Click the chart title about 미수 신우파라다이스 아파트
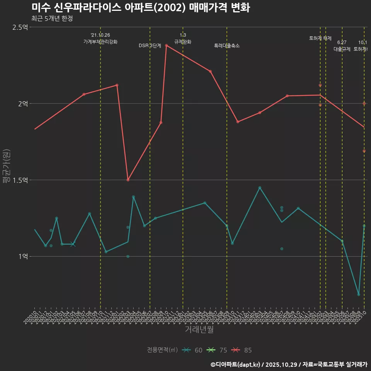[141, 8]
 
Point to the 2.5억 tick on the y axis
[20, 27]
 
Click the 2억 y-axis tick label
[23, 104]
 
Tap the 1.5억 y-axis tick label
[20, 180]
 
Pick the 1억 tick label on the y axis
[23, 256]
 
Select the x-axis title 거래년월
[199, 330]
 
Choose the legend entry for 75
[217, 350]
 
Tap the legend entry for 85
[242, 350]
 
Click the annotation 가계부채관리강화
[100, 42]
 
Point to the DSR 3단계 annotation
[150, 46]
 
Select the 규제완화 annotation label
[183, 42]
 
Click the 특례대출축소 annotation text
[227, 46]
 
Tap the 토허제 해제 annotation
[320, 38]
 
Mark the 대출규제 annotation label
[342, 49]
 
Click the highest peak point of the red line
[166, 45]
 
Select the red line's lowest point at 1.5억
[128, 180]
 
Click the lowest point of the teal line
[359, 294]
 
